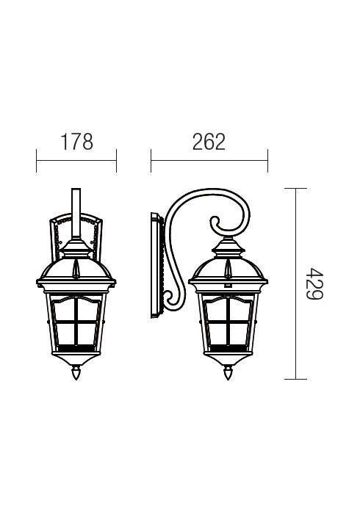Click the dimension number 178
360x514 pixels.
tap(77, 142)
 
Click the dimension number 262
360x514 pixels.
tap(209, 142)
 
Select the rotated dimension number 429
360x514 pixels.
tap(314, 283)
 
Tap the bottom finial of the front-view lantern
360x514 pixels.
tap(76, 373)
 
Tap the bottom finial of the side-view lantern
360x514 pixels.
tap(228, 373)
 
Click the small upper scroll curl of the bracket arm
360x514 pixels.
tap(215, 223)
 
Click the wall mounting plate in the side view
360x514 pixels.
tap(156, 265)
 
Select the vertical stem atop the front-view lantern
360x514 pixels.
tap(76, 214)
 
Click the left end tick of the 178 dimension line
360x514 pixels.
tap(37, 161)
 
